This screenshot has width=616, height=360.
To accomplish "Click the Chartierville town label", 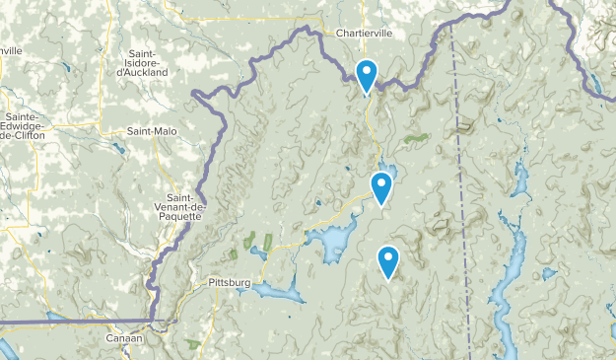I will [x=364, y=33].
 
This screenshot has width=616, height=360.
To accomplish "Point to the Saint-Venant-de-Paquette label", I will [x=178, y=206].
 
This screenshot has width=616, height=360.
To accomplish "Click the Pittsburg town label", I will [x=230, y=283].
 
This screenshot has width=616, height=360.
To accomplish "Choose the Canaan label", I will [x=124, y=338].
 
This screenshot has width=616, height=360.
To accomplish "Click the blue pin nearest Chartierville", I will [x=366, y=75].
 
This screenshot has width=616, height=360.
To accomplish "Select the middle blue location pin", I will [x=381, y=185].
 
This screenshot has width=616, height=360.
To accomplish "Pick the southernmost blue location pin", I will [x=389, y=260].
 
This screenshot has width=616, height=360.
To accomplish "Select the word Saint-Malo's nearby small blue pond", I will [x=118, y=150].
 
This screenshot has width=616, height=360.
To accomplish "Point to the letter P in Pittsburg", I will [x=212, y=283].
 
